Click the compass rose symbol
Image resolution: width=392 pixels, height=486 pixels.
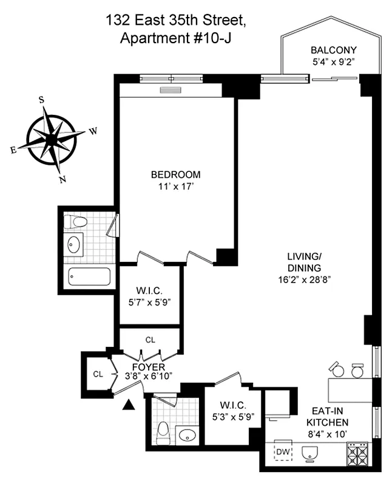click(52, 140)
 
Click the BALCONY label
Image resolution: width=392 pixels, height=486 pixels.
click(333, 50)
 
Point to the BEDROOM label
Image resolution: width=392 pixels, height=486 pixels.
click(175, 175)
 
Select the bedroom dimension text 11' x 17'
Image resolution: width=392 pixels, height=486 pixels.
click(175, 187)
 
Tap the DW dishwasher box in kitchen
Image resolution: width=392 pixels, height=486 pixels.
click(283, 452)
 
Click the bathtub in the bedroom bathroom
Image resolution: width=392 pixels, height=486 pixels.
click(89, 277)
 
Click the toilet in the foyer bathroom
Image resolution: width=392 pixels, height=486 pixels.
click(162, 434)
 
